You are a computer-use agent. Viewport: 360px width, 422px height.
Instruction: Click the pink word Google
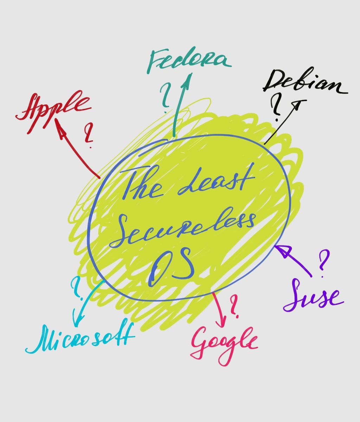coord(223,343)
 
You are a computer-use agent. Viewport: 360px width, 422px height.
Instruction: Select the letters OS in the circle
coord(172,266)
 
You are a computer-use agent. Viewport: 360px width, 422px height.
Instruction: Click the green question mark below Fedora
coord(165,97)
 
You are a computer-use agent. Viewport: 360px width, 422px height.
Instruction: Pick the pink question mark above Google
coord(233,305)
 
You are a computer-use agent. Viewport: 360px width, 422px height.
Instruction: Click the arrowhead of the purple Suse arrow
coord(281,250)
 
